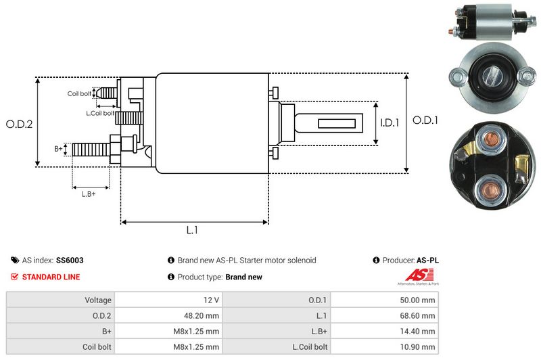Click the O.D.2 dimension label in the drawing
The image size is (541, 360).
pos(19,124)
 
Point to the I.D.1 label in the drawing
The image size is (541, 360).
pos(390,123)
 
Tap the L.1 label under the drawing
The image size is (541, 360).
pos(192,230)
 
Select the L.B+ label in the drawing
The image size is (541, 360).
pos(88,194)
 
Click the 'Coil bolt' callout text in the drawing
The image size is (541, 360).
pos(79,93)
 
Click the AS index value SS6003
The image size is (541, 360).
pos(71,260)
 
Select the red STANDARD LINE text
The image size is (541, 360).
pos(51,277)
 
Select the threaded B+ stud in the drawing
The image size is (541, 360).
pos(91,149)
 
